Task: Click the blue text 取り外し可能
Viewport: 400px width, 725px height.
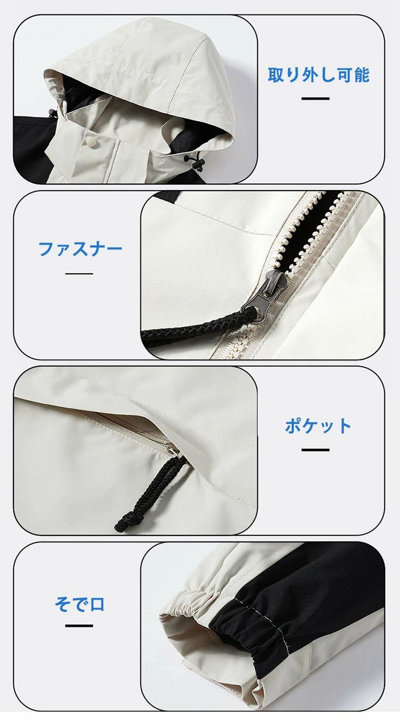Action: (318, 75)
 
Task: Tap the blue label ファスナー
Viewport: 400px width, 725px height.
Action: (80, 249)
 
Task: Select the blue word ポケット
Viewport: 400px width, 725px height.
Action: (318, 425)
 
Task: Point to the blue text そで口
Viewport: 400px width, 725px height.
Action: (79, 604)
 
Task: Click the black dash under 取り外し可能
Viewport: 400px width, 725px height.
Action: (315, 98)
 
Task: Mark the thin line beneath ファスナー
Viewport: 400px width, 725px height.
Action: (79, 274)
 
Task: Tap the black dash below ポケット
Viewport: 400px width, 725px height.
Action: (315, 450)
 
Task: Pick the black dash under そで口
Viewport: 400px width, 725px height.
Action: (79, 626)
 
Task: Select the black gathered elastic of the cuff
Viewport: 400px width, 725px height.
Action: (249, 626)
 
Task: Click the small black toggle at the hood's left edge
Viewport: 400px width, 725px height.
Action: (51, 113)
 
